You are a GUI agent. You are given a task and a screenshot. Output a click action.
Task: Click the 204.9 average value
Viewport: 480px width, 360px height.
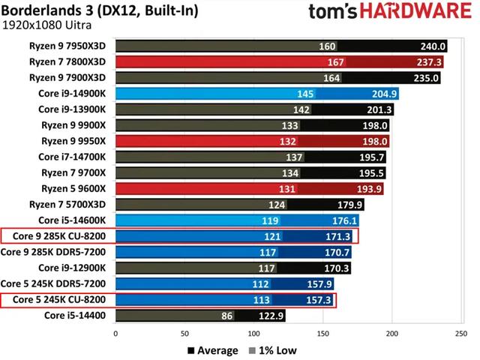click(381, 94)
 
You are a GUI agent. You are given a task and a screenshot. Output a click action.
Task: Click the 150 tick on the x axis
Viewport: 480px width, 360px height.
click(322, 331)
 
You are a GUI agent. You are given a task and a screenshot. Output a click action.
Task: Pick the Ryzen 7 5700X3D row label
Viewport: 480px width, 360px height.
click(73, 205)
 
